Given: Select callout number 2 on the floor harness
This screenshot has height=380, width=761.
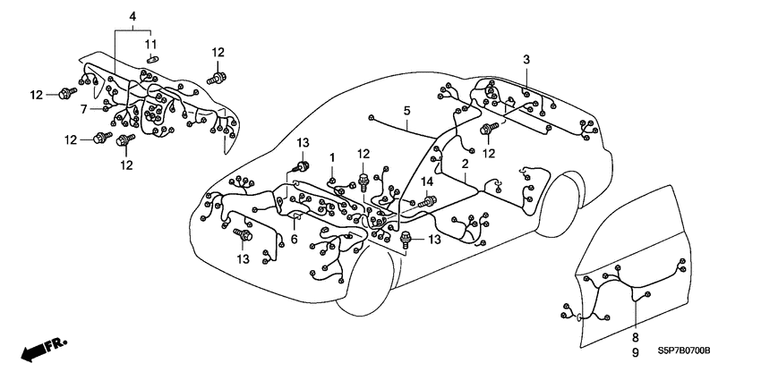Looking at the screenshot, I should coord(466,165).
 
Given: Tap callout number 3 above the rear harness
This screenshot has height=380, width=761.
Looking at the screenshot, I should coord(526,59).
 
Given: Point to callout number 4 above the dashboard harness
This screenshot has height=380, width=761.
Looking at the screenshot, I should coord(133,16).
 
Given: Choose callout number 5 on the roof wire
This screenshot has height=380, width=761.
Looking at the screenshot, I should coord(406,111).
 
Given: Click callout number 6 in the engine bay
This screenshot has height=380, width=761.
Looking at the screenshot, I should coord(293,239).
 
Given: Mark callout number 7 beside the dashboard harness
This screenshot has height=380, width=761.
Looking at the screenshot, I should coord(82,109).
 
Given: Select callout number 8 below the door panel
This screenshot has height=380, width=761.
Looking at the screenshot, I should coord(635,337).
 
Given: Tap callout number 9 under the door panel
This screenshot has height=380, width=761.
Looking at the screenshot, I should coord(635,353).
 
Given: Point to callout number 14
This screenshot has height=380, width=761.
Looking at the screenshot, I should coord(427,182).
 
